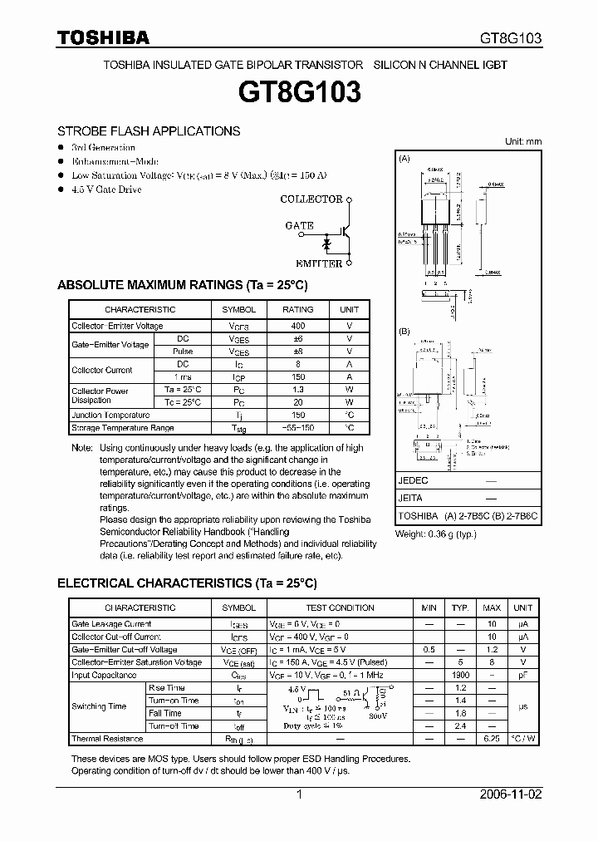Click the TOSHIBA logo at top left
point(103,37)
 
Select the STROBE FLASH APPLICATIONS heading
point(149,131)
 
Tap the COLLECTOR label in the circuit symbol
point(311,199)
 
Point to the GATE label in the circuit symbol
point(299,225)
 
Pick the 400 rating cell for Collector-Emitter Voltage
point(298,326)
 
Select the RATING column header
point(298,309)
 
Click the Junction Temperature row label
point(110,415)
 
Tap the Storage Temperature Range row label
point(122,428)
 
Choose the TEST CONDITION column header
point(340,607)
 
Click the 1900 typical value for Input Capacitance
point(462,676)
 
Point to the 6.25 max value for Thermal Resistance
point(492,739)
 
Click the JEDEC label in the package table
point(413,481)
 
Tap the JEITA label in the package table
point(410,499)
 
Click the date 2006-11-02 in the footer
point(512,794)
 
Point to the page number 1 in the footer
point(299,794)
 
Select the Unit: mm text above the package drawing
point(523,141)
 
